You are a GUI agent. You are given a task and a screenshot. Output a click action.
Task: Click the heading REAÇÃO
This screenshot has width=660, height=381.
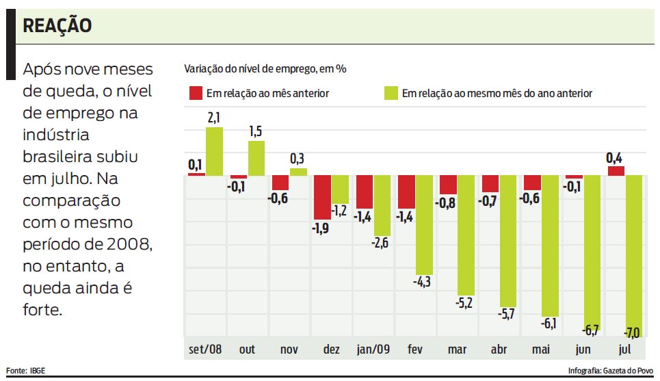coord(57,26)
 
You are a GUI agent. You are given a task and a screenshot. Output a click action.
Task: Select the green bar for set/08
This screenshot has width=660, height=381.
coord(214,151)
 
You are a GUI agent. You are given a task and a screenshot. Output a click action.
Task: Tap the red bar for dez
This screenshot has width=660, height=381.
coord(322,197)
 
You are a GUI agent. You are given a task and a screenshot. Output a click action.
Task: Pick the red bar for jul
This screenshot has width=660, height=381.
coord(616,171)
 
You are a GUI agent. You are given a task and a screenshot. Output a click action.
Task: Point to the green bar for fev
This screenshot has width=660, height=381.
coord(424,225)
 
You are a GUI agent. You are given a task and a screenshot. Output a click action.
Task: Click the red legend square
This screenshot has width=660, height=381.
coord(196,93)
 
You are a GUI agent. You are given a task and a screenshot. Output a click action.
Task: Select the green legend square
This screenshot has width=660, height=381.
coord(391,93)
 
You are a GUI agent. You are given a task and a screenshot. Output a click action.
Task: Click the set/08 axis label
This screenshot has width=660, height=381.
coord(206,350)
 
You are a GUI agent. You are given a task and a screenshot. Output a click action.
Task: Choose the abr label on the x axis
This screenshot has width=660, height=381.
coord(499,350)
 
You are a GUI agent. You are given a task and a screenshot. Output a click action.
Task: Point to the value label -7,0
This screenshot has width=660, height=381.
coord(632,332)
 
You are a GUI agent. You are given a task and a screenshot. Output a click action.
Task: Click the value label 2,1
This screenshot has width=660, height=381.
coord(213,118)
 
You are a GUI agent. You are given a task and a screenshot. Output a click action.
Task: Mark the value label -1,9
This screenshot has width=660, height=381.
coord(321,228)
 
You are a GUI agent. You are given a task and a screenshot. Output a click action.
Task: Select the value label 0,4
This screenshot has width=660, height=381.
coord(613,158)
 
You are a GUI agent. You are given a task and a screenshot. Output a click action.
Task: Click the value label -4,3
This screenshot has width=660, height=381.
coord(423,282)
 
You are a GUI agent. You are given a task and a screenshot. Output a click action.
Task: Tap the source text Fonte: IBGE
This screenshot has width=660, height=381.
coord(25,371)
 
